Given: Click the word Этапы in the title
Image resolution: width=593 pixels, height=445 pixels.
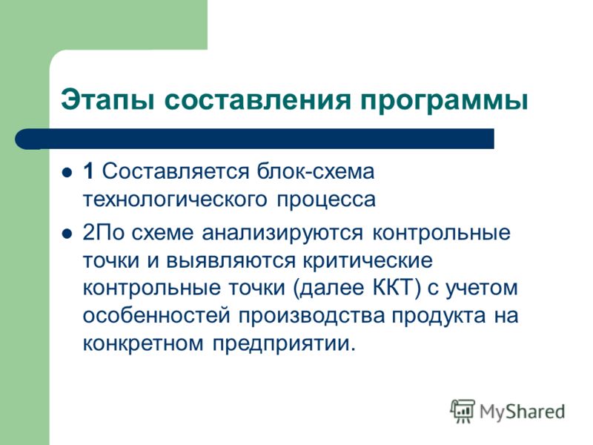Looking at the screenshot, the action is point(107,100).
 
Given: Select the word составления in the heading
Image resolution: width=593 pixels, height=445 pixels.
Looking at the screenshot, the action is point(257,100).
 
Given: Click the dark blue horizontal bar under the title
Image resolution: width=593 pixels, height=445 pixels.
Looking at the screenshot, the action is point(254,139).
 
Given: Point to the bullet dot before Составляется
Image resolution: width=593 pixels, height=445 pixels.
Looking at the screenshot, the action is point(67,173).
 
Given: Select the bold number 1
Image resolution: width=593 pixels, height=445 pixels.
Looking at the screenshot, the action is point(88,171).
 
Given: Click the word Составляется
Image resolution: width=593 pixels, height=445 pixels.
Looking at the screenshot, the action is point(176,171).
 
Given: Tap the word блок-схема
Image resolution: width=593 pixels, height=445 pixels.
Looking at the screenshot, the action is point(316,171).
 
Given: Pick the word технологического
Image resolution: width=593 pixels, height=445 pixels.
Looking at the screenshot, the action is point(175,200).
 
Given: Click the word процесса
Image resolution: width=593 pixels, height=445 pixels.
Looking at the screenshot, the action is point(326,200).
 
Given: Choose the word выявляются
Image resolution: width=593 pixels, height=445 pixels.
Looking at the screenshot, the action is point(231,261).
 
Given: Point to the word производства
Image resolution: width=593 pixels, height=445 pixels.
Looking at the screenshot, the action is point(311,317).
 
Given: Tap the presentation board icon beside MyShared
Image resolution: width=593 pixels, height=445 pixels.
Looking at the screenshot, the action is point(463,411).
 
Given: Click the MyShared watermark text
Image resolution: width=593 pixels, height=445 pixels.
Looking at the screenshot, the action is point(522,412).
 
